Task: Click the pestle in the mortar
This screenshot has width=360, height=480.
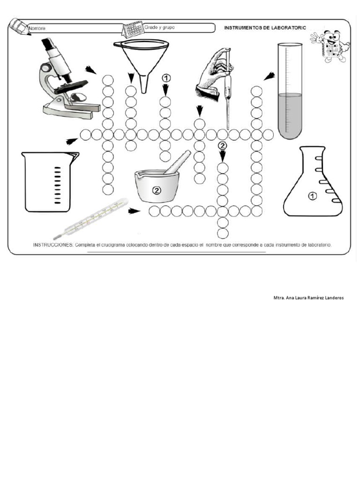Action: pyautogui.click(x=177, y=162)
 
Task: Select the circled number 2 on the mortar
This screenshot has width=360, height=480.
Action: pyautogui.click(x=157, y=190)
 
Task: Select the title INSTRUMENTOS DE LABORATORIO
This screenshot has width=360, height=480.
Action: pyautogui.click(x=265, y=28)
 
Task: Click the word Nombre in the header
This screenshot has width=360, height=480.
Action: pyautogui.click(x=37, y=29)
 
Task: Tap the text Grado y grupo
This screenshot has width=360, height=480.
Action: pyautogui.click(x=160, y=28)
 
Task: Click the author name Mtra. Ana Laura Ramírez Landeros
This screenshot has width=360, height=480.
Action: pyautogui.click(x=308, y=298)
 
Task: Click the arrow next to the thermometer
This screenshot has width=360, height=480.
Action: pyautogui.click(x=135, y=211)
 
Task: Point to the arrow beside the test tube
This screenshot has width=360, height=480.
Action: pyautogui.click(x=269, y=76)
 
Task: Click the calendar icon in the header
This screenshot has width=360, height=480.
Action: pyautogui.click(x=132, y=30)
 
